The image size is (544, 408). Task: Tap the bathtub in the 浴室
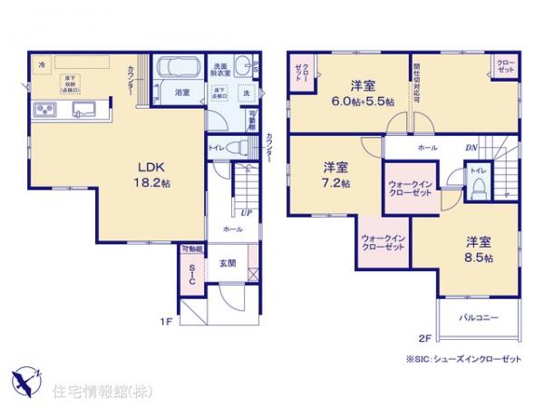[x=181, y=69]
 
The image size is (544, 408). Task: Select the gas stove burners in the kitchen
[x=44, y=111]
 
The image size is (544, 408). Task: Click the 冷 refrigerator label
[x=42, y=63]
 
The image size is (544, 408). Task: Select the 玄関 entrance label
[x=226, y=264]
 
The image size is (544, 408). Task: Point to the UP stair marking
[x=245, y=214]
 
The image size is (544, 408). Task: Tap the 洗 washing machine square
[x=245, y=93]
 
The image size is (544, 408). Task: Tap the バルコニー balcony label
[x=477, y=318]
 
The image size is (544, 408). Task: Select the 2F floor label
[x=423, y=339]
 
